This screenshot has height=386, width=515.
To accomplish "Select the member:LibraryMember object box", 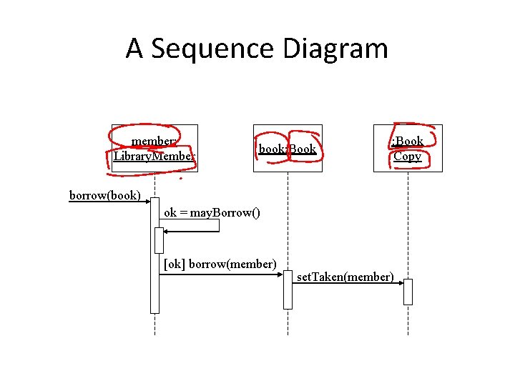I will click(154, 148).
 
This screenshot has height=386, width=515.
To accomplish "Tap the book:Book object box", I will click(288, 149).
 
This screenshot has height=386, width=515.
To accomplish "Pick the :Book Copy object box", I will click(408, 148).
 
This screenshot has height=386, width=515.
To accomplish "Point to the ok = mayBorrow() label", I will click(212, 212).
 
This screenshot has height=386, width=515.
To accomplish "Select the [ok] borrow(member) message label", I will click(220, 264).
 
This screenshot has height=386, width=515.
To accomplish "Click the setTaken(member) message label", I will click(345, 277).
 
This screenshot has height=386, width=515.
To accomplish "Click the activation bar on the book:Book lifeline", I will click(288, 289).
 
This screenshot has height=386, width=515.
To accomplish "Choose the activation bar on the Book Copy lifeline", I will click(408, 292).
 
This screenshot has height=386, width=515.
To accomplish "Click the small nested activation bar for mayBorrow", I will click(160, 241).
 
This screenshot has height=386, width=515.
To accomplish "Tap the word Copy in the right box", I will click(408, 156).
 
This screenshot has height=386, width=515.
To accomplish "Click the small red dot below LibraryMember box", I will click(180, 178).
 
